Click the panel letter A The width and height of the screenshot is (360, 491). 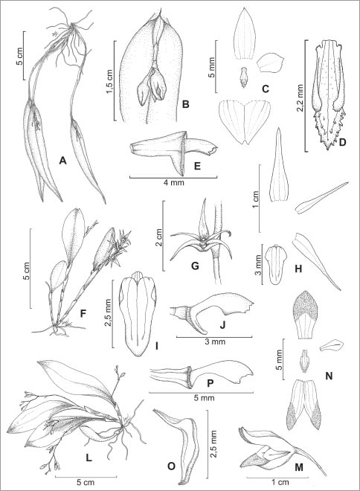click(63, 161)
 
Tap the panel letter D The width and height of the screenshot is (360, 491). click(342, 143)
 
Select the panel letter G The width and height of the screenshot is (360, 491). click(195, 266)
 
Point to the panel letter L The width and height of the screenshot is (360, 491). click(89, 458)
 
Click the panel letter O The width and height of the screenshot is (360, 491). click(171, 466)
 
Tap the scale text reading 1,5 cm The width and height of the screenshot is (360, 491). click(109, 81)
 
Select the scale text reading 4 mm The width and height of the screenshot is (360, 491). click(173, 182)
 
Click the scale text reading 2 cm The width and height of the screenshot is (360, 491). click(158, 237)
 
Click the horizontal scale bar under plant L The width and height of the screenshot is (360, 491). click(86, 477)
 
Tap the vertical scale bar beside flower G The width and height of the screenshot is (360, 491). click(163, 236)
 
